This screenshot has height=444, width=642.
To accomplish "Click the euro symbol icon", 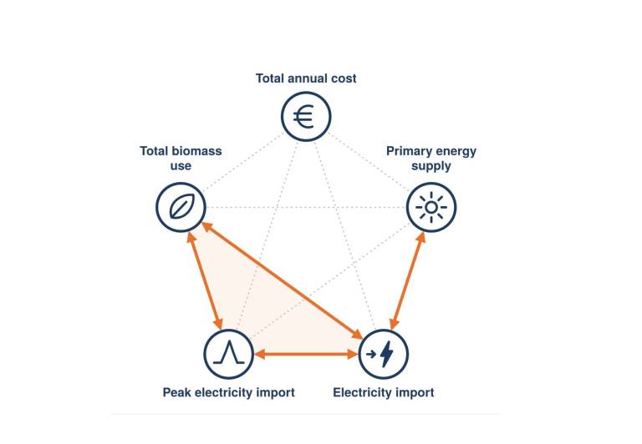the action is (304, 117).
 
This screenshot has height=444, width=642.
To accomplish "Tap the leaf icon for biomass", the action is (181, 207).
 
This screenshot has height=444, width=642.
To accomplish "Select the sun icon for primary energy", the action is (431, 207).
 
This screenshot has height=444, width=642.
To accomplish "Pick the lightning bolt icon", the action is (386, 354).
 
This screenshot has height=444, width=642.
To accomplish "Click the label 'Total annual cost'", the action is (306, 78).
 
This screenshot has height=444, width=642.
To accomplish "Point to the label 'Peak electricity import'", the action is (229, 392).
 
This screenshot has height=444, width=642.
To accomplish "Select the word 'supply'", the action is (431, 166).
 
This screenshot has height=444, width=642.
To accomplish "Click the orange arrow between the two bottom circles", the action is (306, 354).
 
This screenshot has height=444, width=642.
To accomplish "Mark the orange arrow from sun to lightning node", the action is (407, 281).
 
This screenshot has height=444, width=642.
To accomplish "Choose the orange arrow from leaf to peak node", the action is (205, 280).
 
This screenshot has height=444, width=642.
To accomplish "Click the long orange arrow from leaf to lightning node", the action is (283, 280).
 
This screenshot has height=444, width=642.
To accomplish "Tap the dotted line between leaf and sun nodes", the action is (306, 207).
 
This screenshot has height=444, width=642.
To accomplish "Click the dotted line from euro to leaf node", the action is (243, 162).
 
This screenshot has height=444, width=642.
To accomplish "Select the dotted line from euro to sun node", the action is (369, 162).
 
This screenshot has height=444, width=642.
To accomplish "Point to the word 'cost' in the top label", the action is (344, 78).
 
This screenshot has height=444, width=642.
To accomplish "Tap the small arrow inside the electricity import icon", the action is (371, 354).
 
